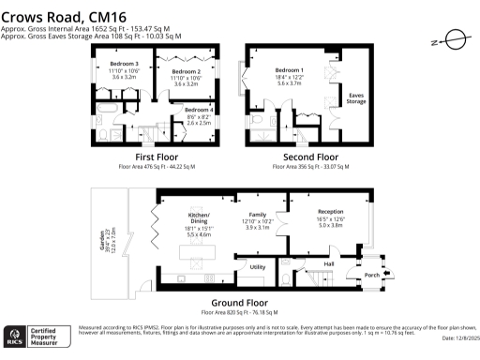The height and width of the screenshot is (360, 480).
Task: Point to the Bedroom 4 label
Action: point(198,111)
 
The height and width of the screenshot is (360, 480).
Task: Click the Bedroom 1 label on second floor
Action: point(289,70)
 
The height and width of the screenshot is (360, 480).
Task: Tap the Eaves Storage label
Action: point(356,95)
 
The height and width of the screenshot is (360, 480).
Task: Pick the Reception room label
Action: point(331,212)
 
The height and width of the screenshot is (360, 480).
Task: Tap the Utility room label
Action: point(259,267)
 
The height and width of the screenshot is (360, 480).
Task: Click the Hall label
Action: point(329,264)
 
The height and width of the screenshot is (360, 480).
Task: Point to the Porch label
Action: point(371,275)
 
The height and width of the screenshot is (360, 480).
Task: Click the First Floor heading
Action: point(157,157)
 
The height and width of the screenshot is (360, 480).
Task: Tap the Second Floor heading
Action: point(310,157)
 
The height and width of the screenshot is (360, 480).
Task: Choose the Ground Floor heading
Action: point(240,302)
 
